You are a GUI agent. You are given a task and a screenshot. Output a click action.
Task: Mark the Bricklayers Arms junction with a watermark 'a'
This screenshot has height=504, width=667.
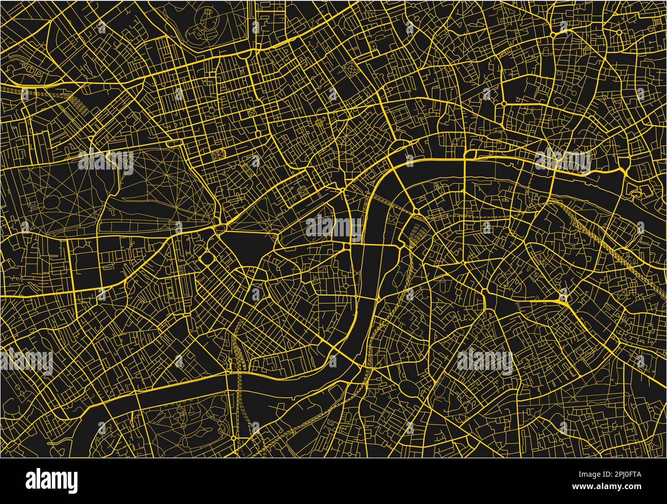(x=563, y=297)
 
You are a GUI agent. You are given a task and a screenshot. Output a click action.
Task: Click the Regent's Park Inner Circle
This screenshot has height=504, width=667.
(x=208, y=15)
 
